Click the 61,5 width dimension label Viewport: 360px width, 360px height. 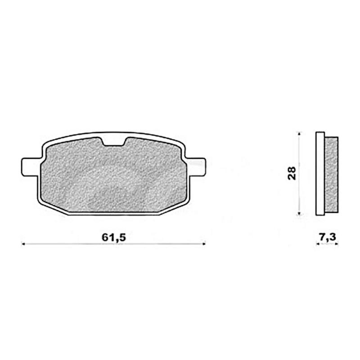pyautogui.click(x=113, y=238)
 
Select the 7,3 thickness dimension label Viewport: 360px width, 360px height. pyautogui.click(x=327, y=238)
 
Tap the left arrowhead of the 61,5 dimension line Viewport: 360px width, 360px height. pyautogui.click(x=24, y=244)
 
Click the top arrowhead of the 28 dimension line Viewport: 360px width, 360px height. pyautogui.click(x=300, y=134)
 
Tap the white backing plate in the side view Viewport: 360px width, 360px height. pyautogui.click(x=320, y=174)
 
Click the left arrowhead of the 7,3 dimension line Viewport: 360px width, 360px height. pyautogui.click(x=318, y=244)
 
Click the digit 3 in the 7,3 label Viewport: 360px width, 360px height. pyautogui.click(x=333, y=238)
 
